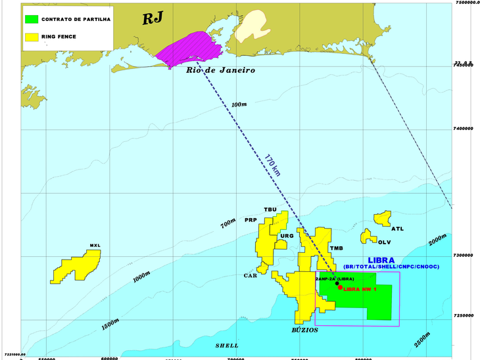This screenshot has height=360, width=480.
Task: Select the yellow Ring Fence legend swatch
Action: click(x=30, y=37)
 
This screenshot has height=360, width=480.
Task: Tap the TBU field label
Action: click(x=270, y=210)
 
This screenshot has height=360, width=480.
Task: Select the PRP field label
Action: click(x=251, y=220)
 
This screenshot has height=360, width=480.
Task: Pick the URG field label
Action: click(x=287, y=236)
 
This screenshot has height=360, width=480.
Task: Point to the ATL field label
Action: click(x=397, y=229)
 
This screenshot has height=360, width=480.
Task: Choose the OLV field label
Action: click(x=376, y=242)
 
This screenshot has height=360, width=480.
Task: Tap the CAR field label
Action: click(x=250, y=276)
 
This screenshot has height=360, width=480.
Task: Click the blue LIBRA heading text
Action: click(x=381, y=260)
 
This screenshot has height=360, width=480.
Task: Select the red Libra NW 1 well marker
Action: click(x=340, y=287)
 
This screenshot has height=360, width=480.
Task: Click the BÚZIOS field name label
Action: click(x=305, y=330)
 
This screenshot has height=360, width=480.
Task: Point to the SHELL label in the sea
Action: click(x=227, y=346)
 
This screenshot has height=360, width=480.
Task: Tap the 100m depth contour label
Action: click(x=239, y=104)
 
